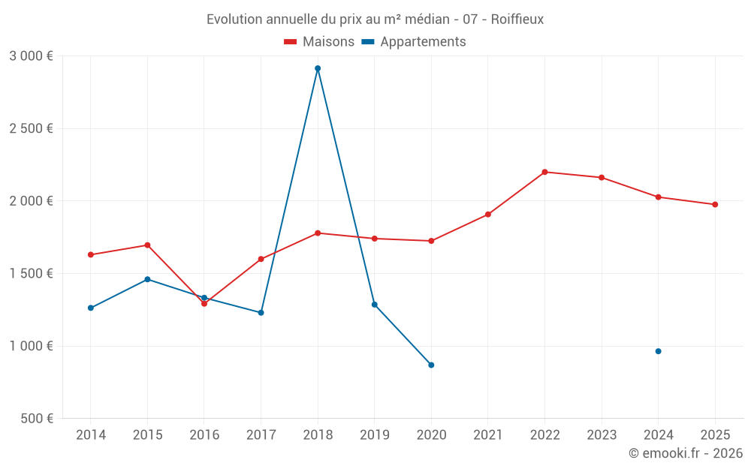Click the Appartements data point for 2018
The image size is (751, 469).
tap(318, 68)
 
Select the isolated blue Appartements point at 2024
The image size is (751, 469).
tap(658, 351)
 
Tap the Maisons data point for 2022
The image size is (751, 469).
tap(544, 172)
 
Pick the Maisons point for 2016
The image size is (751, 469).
tap(204, 304)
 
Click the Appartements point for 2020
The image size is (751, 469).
tap(431, 365)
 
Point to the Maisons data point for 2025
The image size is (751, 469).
tap(715, 205)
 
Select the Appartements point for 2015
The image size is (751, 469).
tap(147, 279)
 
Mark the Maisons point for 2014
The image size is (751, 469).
tap(91, 255)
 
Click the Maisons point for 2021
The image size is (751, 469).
tap(488, 215)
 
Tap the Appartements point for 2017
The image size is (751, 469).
tap(261, 313)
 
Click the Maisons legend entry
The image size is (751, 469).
tap(319, 42)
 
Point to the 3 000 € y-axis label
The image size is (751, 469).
tap(31, 56)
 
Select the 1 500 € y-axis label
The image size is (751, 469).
tap(31, 274)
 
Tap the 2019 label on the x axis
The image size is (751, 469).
tap(374, 435)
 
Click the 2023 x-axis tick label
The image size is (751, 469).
tap(602, 435)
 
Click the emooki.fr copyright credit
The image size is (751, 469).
tap(686, 453)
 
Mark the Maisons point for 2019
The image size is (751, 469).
tap(374, 239)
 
